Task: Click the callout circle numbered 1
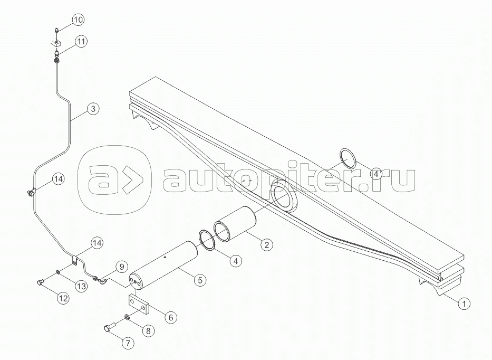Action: (x=464, y=304)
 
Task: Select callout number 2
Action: (x=266, y=245)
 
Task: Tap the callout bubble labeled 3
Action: (x=93, y=109)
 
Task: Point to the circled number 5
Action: (x=200, y=280)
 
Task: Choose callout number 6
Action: (x=171, y=317)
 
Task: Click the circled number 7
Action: (x=128, y=343)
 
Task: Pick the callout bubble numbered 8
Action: (x=148, y=330)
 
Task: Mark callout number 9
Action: (x=121, y=267)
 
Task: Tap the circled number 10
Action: (x=78, y=20)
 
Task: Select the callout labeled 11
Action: (x=81, y=42)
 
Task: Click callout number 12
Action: (x=63, y=298)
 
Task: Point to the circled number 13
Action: (x=81, y=286)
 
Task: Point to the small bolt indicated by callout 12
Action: (x=40, y=282)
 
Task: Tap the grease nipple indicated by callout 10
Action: (x=56, y=31)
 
